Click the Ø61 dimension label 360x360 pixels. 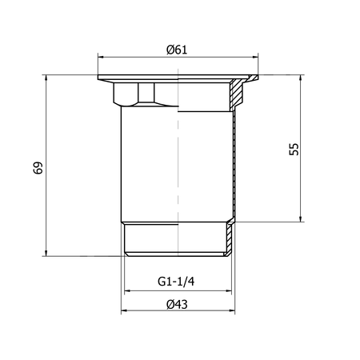(177, 50)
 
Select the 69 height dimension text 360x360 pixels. (38, 168)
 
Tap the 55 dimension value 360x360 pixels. (294, 150)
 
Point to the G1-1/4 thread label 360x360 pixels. (176, 282)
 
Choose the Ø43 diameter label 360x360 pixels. (177, 304)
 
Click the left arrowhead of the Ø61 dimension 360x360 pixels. (101, 57)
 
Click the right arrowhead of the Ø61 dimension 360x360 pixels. (255, 57)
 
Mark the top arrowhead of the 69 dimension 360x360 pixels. (46, 78)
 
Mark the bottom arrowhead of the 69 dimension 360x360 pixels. (46, 254)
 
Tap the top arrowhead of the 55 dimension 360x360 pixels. (301, 78)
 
